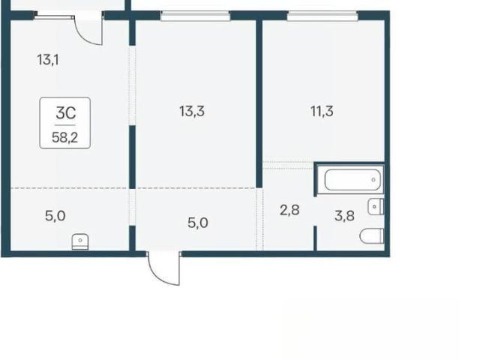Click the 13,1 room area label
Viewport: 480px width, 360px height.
48,60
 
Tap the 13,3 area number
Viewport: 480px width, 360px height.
192,111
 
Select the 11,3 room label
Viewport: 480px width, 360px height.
322,111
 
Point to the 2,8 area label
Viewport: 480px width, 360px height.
289,210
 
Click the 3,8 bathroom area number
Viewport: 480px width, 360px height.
344,216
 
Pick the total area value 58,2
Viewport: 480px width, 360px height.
65,137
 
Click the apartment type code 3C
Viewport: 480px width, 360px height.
66,113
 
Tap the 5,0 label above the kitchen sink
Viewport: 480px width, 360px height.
55,216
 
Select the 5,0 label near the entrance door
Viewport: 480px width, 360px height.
198,223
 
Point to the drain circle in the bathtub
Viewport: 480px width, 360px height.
373,180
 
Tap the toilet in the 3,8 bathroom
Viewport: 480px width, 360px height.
372,236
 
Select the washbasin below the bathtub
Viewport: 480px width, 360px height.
376,207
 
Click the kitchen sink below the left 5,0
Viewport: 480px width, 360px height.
80,242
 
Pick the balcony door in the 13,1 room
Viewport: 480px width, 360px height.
88,29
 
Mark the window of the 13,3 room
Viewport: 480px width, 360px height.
195,16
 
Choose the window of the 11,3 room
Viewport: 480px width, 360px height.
322,16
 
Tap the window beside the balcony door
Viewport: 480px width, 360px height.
54,16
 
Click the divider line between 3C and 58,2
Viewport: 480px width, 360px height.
65,125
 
